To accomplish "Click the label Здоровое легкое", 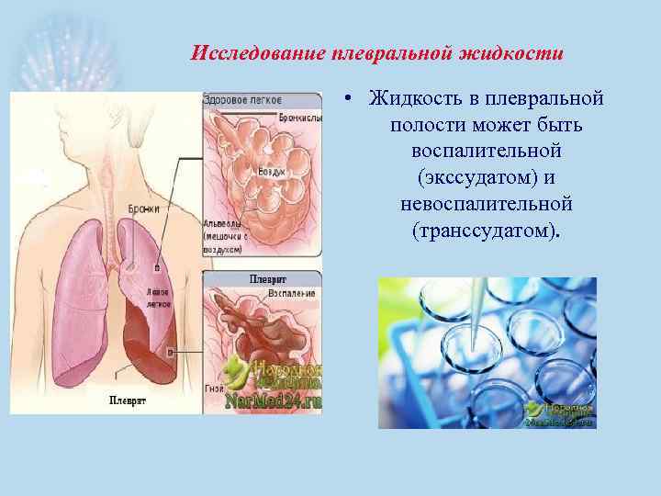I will [x=242, y=100].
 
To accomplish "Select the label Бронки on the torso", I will [x=143, y=209].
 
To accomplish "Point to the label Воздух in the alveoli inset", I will [x=271, y=173].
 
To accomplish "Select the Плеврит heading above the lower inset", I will [x=268, y=278].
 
